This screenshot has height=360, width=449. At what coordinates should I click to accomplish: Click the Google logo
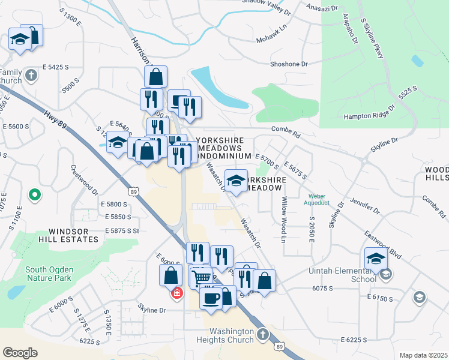(20, 352)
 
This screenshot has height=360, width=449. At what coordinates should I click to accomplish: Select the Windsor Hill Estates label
(65, 235)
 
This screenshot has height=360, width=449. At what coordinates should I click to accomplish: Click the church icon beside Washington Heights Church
(262, 334)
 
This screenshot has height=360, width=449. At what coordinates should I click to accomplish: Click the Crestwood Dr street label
(85, 181)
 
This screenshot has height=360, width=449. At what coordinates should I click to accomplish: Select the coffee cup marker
(211, 298)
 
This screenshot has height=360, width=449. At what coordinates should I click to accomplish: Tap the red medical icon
(177, 293)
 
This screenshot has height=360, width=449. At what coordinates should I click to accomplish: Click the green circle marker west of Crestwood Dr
(35, 195)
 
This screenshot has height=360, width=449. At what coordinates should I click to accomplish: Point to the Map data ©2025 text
(423, 355)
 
